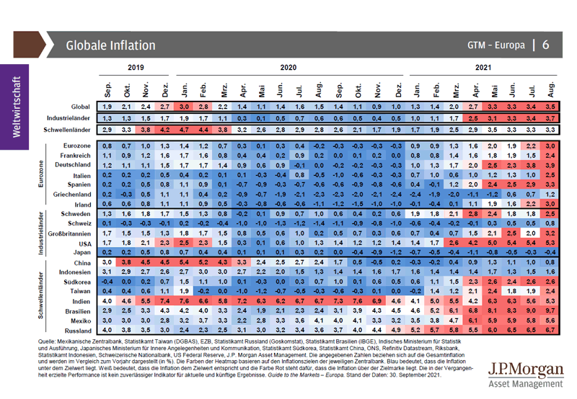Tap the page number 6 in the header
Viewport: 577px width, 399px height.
tap(547, 45)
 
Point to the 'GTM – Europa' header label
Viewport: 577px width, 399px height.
tap(495, 45)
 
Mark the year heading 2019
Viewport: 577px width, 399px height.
tap(136, 66)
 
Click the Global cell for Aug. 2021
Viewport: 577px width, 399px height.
tap(550, 106)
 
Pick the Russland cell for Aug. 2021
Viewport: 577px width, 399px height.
tap(550, 331)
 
